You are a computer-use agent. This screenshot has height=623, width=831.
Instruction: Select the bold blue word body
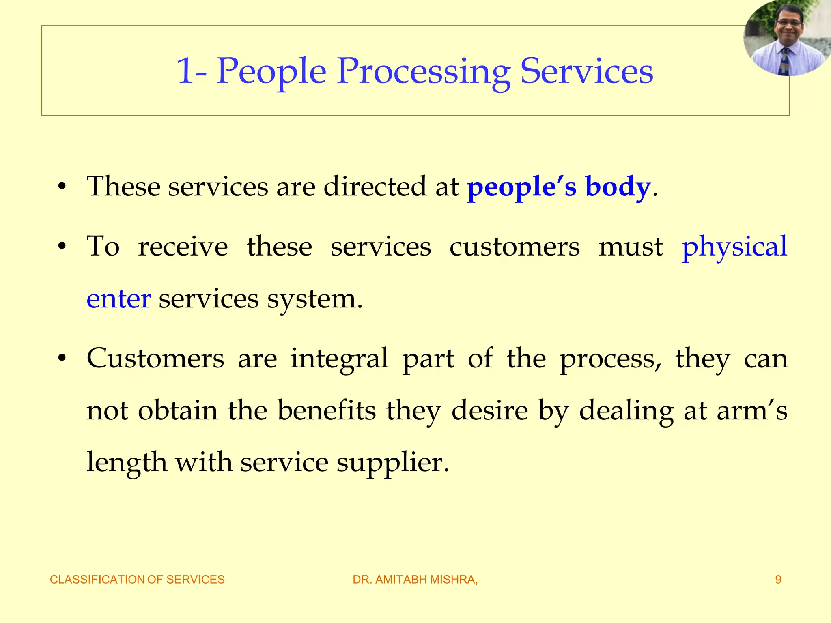pos(618,187)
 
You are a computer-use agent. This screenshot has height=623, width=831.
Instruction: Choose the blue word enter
pos(119,299)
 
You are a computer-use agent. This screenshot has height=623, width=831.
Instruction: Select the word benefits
pos(327,410)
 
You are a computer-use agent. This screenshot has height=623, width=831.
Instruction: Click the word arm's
pos(751,410)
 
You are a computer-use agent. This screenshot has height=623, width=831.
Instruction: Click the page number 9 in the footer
pos(778,580)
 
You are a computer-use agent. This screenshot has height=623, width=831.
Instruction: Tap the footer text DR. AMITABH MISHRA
pos(415,580)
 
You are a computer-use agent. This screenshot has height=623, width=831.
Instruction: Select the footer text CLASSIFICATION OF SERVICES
pos(137,580)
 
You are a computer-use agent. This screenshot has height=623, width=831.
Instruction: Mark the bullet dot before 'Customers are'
pos(62,359)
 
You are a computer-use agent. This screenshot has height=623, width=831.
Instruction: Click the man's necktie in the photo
pos(785,61)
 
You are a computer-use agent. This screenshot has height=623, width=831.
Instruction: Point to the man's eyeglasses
pos(789,23)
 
